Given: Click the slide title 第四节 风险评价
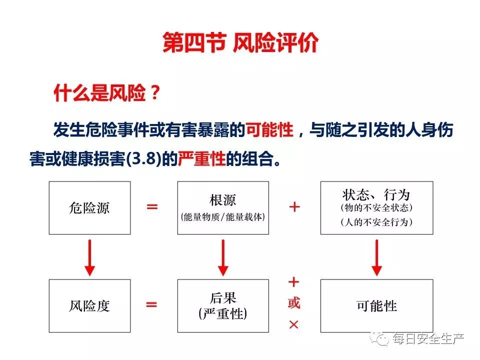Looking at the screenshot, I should pos(240,43).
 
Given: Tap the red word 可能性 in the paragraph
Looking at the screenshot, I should pos(269,130).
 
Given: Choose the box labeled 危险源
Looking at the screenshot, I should pos(89,207).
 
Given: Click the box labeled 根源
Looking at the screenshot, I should pos(223,207).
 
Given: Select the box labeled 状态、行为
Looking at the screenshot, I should pos(376,207).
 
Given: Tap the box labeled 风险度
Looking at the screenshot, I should pos(89,305).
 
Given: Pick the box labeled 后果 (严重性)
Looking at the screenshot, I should pos(223,305).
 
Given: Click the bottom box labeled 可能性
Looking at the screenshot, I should pos(376,305).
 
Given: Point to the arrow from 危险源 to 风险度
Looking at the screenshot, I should pos(89,256).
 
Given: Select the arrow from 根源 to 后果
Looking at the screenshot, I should pos(223,256).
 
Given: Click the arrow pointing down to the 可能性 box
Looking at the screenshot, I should pos(377,256).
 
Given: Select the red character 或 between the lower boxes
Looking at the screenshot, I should pos(294,303).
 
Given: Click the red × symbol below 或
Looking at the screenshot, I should pos(294,324).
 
